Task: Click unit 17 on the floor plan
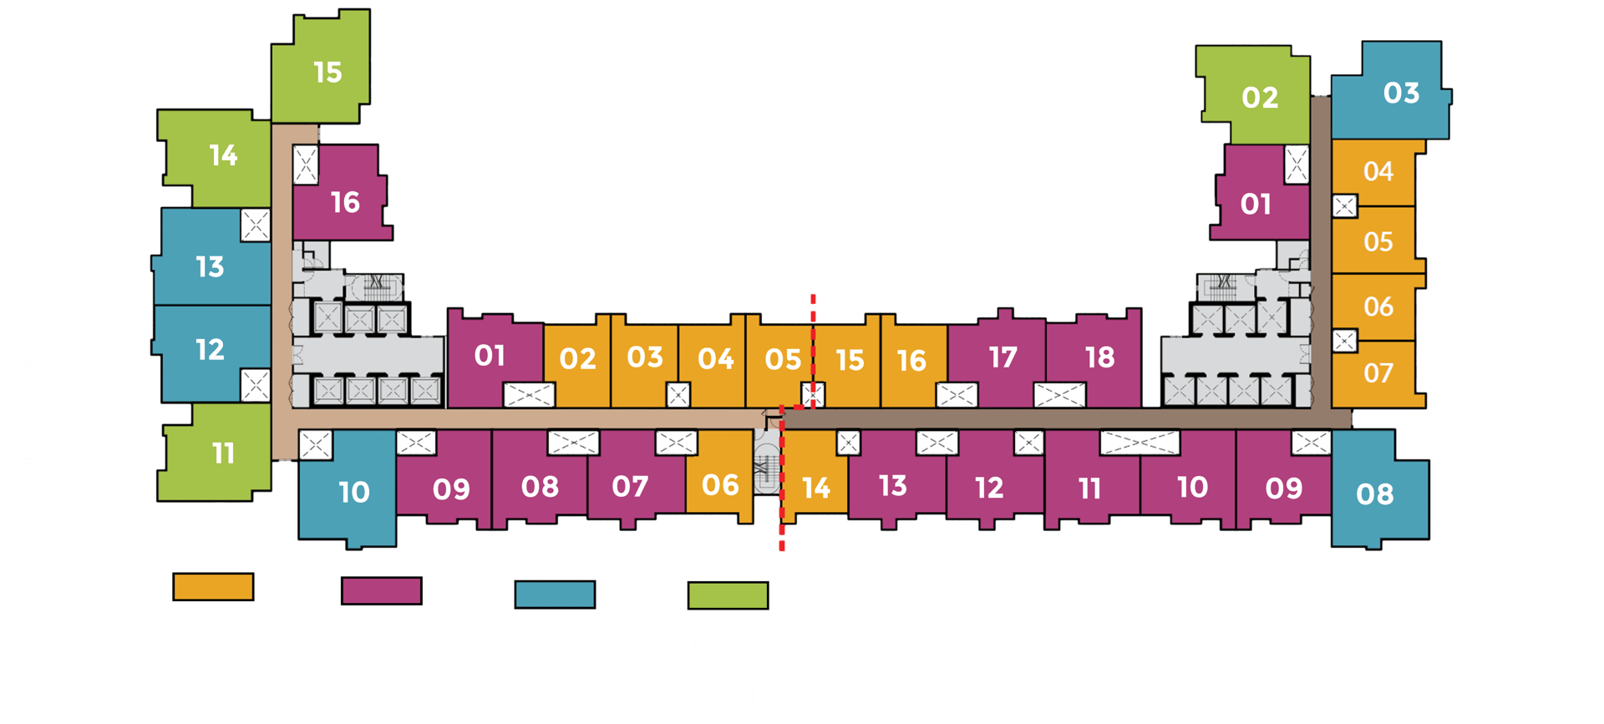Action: pos(1002,358)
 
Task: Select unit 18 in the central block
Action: pos(1099,357)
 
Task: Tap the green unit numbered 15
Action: pos(327,73)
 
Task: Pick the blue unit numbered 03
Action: pos(1400,93)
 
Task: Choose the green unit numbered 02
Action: pos(1259,98)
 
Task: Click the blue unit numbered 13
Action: pos(210,266)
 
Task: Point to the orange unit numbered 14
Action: pos(815,487)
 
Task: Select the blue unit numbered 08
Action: pos(1374,494)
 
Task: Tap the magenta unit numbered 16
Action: pos(344,202)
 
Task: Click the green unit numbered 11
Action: pos(222,453)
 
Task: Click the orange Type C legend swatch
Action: pos(213,587)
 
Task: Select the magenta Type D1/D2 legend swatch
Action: pos(382,591)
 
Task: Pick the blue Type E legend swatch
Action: pos(555,595)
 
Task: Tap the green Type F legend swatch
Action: pos(728,595)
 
